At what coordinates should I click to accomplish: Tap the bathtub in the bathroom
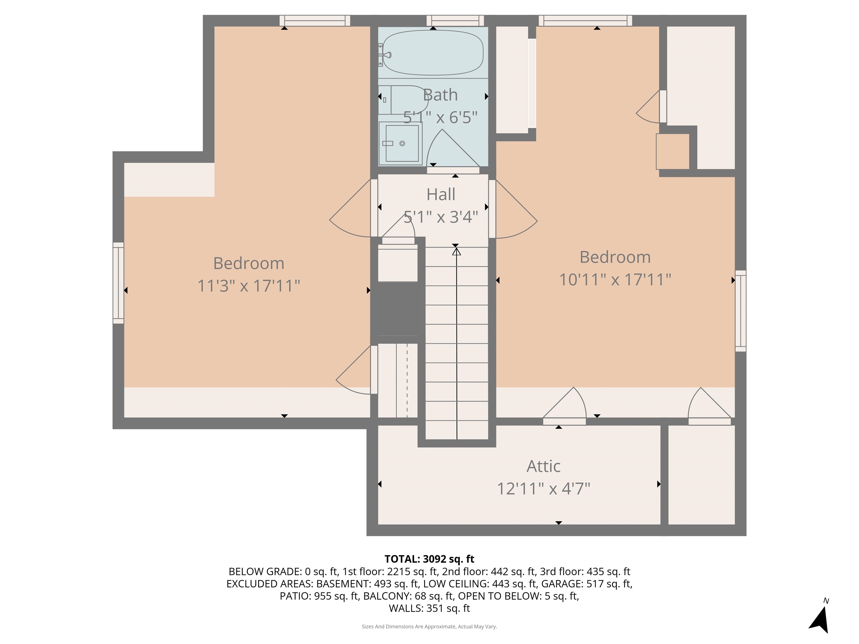pos(433,53)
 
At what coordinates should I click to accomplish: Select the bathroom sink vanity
pos(400,143)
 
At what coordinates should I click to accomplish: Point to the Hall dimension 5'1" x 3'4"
pos(441,217)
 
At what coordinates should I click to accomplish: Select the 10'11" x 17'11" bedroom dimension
pos(615,280)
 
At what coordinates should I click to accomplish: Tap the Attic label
pos(543,466)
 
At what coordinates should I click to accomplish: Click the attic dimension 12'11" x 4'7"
pos(543,489)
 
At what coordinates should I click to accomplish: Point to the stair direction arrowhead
pos(456,252)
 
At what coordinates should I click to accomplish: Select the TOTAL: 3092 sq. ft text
pos(429,559)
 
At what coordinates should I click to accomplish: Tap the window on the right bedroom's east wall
pos(740,311)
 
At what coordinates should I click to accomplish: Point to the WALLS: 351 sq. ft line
pos(429,608)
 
